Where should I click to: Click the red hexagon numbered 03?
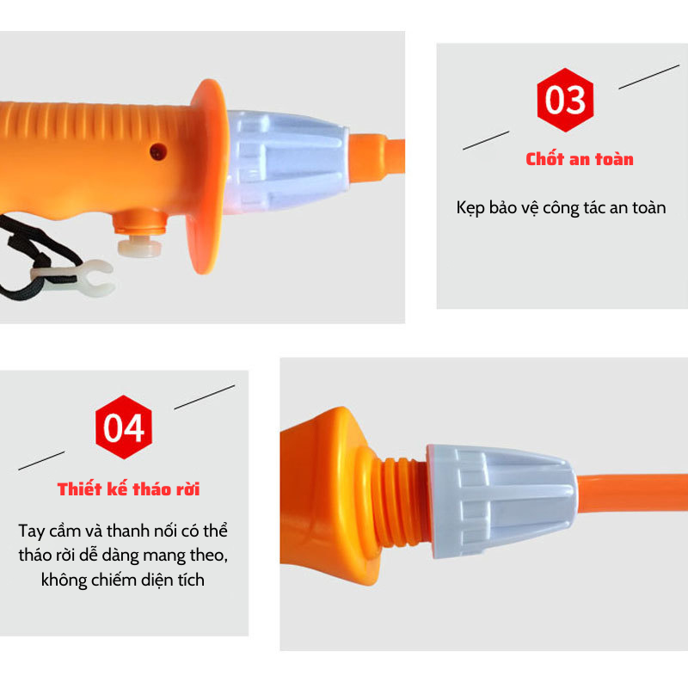[565, 100]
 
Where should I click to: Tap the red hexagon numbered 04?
[124, 427]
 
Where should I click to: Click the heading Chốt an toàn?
[580, 159]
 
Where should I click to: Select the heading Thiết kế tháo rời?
[128, 488]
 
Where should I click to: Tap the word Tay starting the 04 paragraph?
[32, 531]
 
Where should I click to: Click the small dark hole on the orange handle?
[158, 152]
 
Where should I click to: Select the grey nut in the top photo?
[286, 162]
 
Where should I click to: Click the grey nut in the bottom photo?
[501, 501]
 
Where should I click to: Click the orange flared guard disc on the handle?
[207, 176]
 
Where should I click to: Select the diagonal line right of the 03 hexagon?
[649, 77]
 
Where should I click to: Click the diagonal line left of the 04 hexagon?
[41, 461]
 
